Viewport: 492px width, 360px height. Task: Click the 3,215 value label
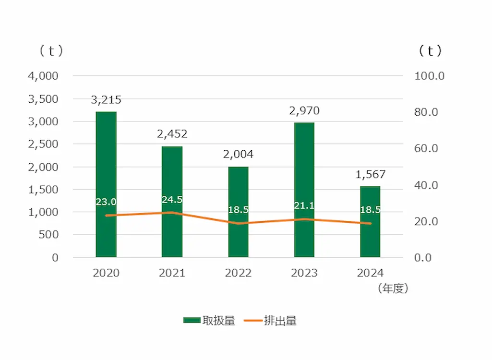[106, 100]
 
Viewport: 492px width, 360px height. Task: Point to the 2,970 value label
[304, 111]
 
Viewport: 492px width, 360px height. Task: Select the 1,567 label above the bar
[371, 175]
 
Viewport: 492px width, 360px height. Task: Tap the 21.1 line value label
[304, 206]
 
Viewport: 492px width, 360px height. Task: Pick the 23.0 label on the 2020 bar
[106, 202]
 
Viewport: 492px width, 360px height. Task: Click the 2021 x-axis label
[172, 273]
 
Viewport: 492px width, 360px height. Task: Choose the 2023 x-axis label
[304, 273]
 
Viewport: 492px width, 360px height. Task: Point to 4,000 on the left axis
[45, 76]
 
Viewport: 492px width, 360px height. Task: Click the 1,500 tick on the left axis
[45, 190]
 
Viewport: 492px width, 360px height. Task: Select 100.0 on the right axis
[430, 76]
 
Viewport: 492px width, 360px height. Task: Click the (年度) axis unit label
[392, 288]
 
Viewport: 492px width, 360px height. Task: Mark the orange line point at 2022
[238, 223]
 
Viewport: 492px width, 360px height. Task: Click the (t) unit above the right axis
[430, 51]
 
